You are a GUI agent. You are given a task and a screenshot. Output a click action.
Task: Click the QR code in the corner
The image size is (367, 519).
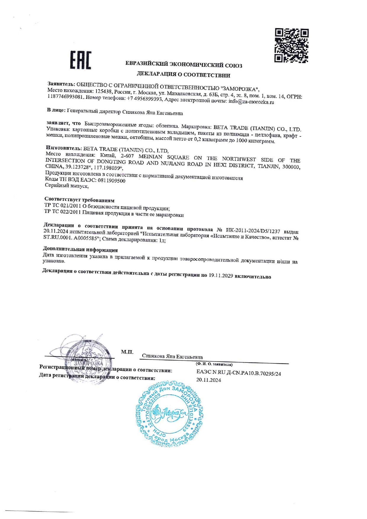(x=291, y=46)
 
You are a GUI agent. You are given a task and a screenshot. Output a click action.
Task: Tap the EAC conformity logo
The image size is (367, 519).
(x=81, y=60)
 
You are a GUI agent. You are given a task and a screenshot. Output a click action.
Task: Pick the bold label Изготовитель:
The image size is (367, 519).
(x=64, y=148)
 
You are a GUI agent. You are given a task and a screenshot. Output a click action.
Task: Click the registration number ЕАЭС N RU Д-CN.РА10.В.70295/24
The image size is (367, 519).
(x=239, y=374)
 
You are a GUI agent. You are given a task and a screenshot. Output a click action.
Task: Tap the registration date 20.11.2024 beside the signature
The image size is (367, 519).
(x=209, y=380)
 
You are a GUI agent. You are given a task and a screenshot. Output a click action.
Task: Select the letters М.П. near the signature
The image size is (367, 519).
(x=127, y=352)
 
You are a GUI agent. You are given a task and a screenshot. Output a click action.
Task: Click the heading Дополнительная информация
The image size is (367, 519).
(x=80, y=250)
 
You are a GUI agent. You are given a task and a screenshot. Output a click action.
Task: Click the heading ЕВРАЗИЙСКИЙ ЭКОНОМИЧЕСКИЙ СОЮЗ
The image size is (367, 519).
(x=183, y=64)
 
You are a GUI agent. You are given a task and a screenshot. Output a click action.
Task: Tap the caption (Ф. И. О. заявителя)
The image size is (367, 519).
(x=214, y=365)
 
